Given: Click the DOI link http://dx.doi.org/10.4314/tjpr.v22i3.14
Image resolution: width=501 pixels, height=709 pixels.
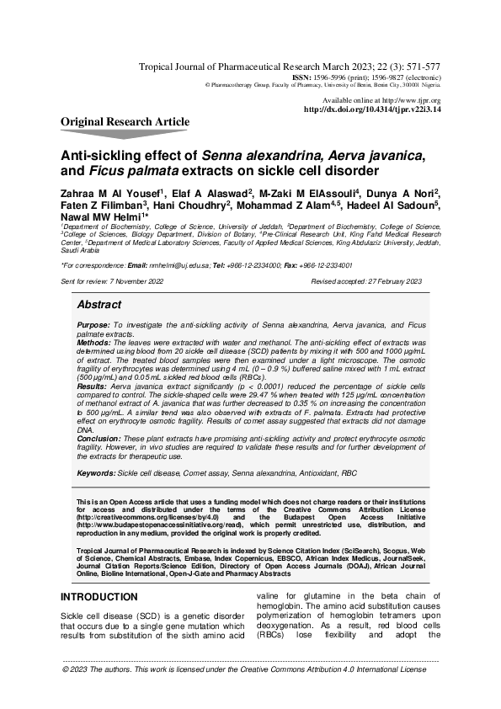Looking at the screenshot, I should tap(371, 109).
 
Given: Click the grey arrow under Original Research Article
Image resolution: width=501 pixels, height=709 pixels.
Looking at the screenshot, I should tap(125, 134).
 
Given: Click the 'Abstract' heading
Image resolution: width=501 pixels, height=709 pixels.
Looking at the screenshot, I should tap(99, 304).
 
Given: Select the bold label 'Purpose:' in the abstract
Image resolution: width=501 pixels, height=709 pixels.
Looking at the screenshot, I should tap(93, 324).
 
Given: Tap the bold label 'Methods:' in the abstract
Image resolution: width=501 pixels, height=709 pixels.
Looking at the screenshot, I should tap(93, 344).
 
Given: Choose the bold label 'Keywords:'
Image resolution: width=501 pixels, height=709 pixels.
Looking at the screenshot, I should tap(96, 474).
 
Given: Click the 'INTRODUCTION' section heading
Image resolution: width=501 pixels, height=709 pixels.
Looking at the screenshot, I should tap(99, 597).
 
